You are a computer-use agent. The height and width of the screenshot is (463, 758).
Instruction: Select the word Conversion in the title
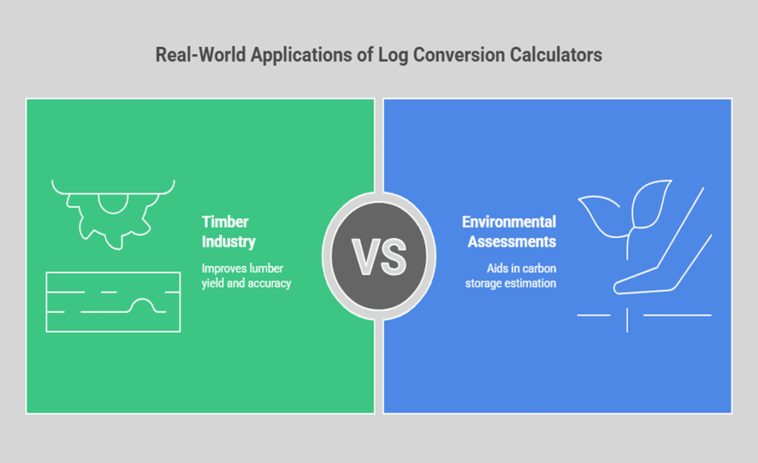click(x=457, y=55)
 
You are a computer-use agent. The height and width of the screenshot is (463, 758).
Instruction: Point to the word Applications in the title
click(x=292, y=55)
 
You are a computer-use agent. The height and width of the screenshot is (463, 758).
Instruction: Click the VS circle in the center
click(x=378, y=254)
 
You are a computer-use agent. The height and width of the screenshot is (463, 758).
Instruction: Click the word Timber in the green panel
click(x=224, y=222)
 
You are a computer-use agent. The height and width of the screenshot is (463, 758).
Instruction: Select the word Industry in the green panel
click(x=229, y=241)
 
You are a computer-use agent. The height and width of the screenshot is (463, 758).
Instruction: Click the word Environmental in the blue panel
click(x=509, y=222)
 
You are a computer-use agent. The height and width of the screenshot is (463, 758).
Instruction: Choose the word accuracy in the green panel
click(x=269, y=283)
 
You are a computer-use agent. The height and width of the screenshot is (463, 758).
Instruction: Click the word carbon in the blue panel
click(x=538, y=268)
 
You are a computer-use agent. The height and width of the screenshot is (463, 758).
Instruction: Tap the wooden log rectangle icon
click(x=113, y=302)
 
